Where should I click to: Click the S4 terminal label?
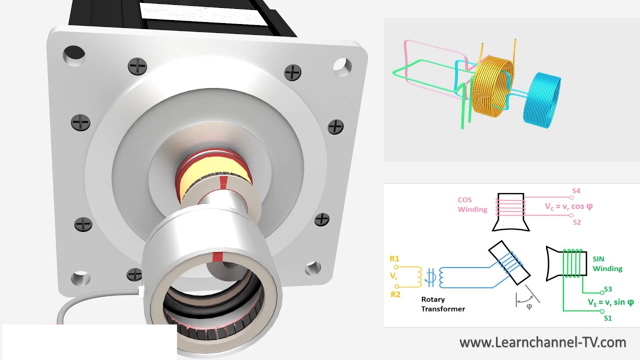point(576,191)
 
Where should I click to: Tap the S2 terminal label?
point(577,222)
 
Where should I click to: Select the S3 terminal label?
point(608,289)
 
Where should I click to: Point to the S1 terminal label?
point(608,318)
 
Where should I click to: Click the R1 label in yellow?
point(394,259)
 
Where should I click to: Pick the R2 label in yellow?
point(395,294)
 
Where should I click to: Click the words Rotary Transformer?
point(443,304)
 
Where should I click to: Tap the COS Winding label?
point(472,204)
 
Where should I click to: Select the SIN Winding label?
point(607,263)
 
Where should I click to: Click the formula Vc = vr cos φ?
point(568,206)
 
